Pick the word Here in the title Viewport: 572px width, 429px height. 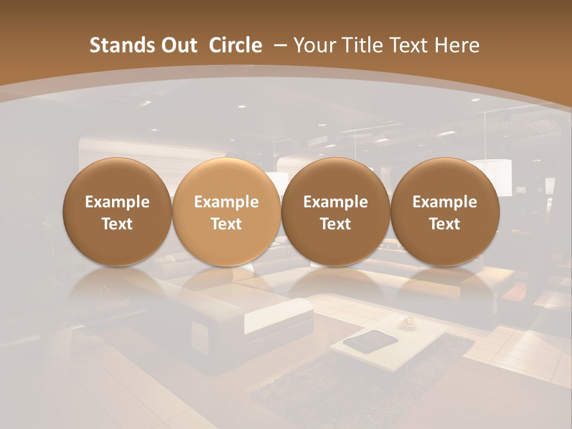pyautogui.click(x=458, y=45)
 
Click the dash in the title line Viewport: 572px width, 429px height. pyautogui.click(x=278, y=45)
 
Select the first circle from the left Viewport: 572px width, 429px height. pyautogui.click(x=117, y=185)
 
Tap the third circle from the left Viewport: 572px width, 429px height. pyautogui.click(x=335, y=185)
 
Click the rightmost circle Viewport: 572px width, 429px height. pyautogui.click(x=444, y=185)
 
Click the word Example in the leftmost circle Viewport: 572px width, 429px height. pyautogui.click(x=117, y=202)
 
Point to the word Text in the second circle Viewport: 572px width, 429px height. pyautogui.click(x=226, y=224)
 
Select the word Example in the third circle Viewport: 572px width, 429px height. pyautogui.click(x=335, y=202)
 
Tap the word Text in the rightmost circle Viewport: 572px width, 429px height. pyautogui.click(x=444, y=224)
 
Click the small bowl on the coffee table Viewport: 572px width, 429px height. pyautogui.click(x=408, y=322)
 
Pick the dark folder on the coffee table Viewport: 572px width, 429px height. pyautogui.click(x=364, y=341)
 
